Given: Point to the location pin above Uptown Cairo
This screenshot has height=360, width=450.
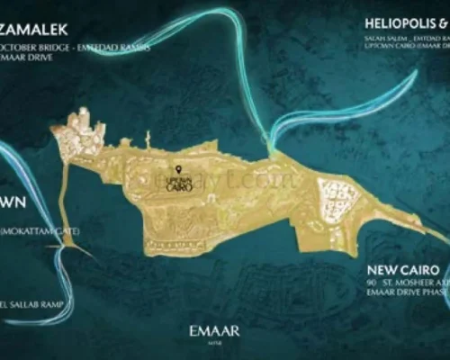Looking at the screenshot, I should click(x=178, y=169).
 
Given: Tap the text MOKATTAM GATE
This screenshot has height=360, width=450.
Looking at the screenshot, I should click(x=40, y=231).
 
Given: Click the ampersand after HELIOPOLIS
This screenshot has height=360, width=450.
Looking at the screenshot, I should click(x=443, y=23).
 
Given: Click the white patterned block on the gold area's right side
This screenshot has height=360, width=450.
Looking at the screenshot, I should click(x=338, y=200).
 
